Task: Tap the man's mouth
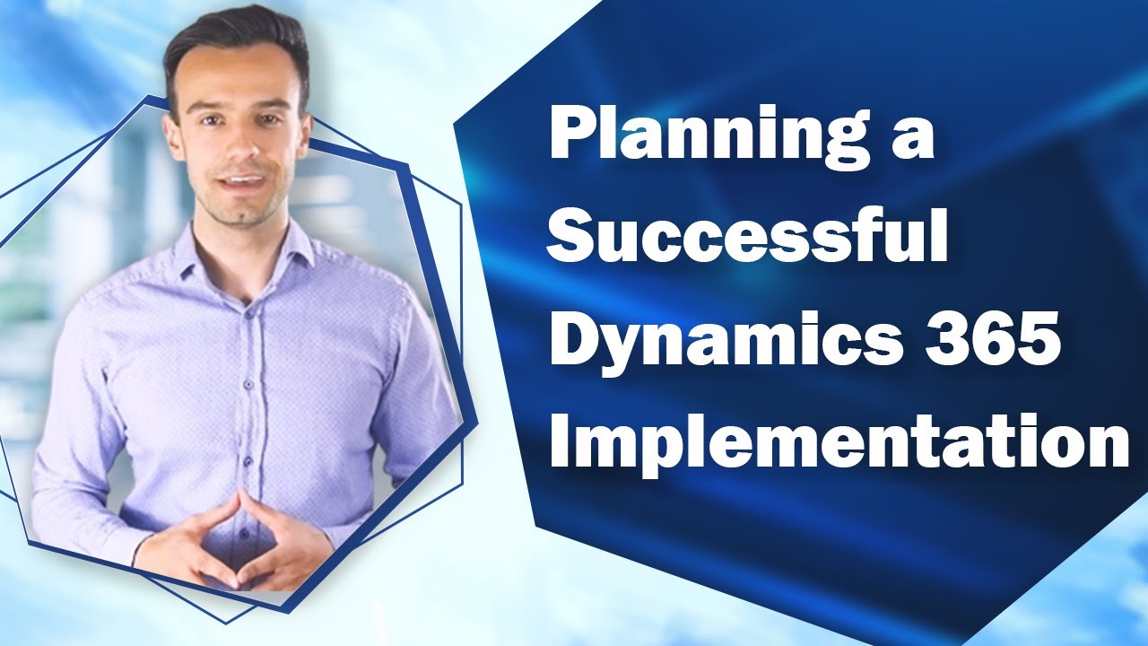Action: pos(243,183)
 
